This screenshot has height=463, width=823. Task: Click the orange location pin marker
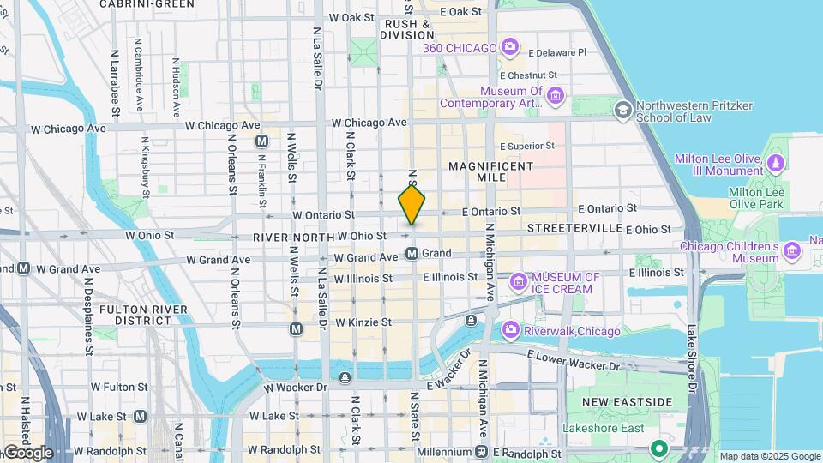411,206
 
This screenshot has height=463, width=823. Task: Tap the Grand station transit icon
412,254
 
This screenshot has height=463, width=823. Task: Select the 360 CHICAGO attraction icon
510,46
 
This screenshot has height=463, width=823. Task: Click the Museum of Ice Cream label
565,283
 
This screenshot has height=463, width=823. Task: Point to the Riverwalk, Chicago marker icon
511,330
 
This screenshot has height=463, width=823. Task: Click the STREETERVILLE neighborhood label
574,229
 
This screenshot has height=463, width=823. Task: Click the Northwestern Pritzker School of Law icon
622,109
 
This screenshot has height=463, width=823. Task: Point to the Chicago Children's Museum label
729,252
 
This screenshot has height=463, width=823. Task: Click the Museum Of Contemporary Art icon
555,95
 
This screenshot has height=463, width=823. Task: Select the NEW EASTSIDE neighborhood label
628,402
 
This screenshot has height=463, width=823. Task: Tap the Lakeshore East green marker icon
658,448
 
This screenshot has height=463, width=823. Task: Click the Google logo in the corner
27,452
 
